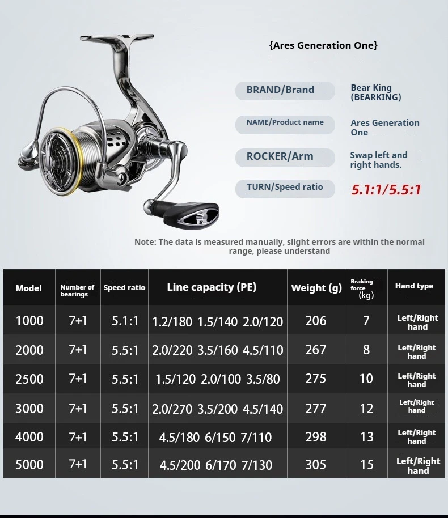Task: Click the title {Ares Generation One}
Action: pyautogui.click(x=323, y=45)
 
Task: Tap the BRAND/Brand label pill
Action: pyautogui.click(x=285, y=90)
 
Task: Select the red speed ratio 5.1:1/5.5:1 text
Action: pyautogui.click(x=386, y=189)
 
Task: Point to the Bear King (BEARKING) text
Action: pyautogui.click(x=375, y=92)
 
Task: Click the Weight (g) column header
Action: pyautogui.click(x=316, y=288)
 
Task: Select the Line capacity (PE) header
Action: pyautogui.click(x=212, y=287)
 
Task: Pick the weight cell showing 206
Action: pyautogui.click(x=316, y=321)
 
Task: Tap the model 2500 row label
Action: pyautogui.click(x=29, y=379)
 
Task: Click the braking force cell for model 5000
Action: pyautogui.click(x=367, y=465)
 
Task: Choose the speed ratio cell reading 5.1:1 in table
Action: pyautogui.click(x=125, y=321)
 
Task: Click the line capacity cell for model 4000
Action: pyautogui.click(x=215, y=437)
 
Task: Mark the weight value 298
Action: pyautogui.click(x=316, y=436)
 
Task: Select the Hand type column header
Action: pyautogui.click(x=414, y=286)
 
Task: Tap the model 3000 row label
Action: pyautogui.click(x=29, y=408)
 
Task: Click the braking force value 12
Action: pyautogui.click(x=367, y=408)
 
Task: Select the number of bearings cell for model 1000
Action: pyautogui.click(x=78, y=321)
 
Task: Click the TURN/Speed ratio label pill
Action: pyautogui.click(x=285, y=188)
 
